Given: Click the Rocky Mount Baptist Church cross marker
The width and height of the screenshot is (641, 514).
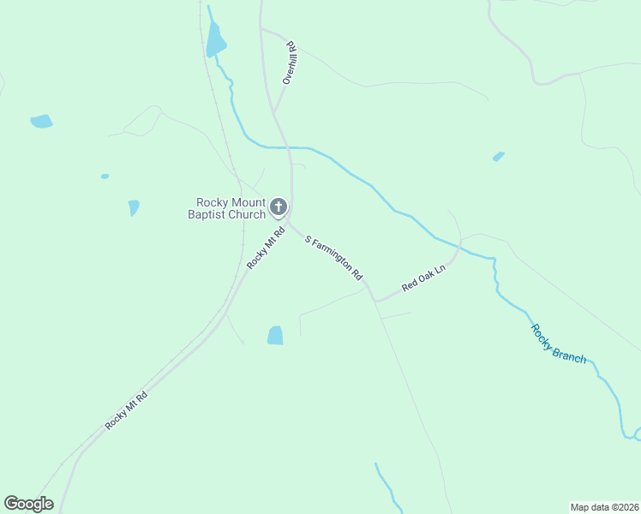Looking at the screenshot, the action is pos(278,206).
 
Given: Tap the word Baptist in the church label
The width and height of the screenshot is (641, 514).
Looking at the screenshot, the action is pos(208,214).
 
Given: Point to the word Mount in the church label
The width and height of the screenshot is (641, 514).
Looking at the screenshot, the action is pos(243,203).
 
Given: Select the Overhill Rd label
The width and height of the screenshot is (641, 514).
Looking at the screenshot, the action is pos(291,63).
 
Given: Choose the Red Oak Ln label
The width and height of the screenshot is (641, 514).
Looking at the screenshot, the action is pos(425,278).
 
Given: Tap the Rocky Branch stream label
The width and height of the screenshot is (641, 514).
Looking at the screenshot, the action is pos(558,344).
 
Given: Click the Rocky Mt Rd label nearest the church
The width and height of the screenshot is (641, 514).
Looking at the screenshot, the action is pos(264,248).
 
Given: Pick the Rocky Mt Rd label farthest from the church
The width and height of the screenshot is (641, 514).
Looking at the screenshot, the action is pos(126,409).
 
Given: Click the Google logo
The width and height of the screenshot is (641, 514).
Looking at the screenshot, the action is pos(28,504).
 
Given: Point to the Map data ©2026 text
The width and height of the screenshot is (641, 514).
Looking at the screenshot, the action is pos(603,506).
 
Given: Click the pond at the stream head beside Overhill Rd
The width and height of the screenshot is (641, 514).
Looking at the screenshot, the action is pos(215,39).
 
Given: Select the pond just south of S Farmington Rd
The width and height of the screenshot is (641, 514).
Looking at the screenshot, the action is pos(275,335).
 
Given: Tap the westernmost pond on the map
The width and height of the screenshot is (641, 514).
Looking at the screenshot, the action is pos(41,122).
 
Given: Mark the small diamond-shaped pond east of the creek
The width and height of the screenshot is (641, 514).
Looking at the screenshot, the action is pos(498,157).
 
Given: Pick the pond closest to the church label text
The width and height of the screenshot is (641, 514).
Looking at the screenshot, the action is pos(134,207).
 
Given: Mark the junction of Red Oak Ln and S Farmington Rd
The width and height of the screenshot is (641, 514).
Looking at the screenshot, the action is pos(374,300).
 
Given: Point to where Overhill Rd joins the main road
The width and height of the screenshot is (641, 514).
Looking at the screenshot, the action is pos(274,112).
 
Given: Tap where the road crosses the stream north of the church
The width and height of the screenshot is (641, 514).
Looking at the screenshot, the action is pos(287,147).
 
